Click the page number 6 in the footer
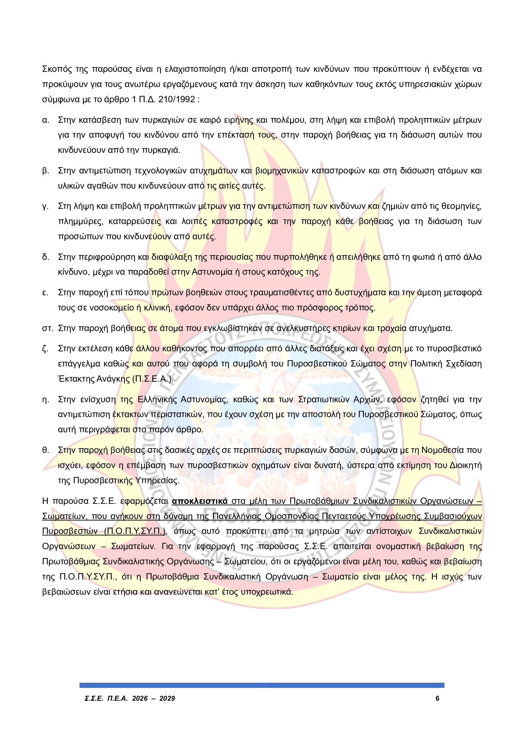tap(437, 698)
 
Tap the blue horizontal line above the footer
tap(262, 685)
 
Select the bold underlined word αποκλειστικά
tap(200, 501)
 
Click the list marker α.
tap(46, 120)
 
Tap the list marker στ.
tap(47, 329)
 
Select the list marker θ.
tap(46, 450)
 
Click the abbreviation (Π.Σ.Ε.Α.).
tap(153, 379)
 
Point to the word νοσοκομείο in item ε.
tap(111, 308)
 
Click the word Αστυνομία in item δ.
tap(212, 272)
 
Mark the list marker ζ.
tap(45, 349)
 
